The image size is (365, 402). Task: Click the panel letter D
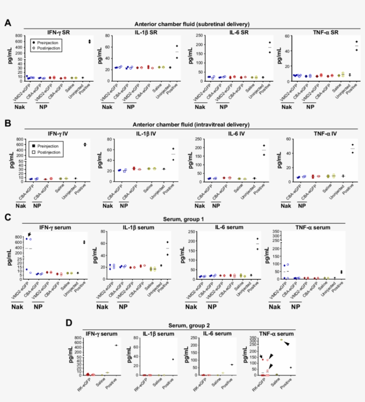point(69,322)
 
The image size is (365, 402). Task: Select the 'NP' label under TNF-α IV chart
point(302,206)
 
